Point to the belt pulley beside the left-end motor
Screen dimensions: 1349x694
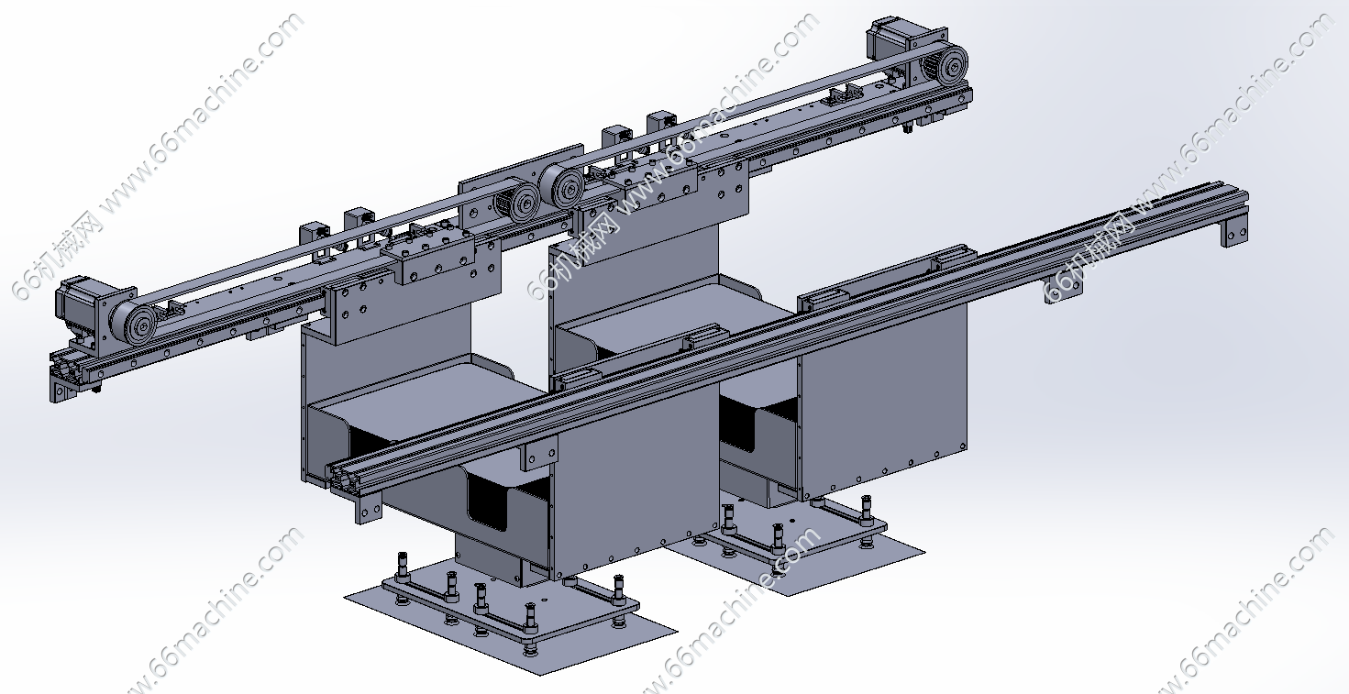tap(134, 324)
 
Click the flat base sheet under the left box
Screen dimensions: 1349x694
tap(511, 620)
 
